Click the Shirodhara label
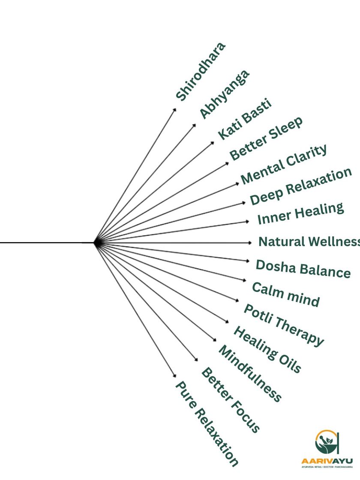(200, 72)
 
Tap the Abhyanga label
(224, 93)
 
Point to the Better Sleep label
(266, 138)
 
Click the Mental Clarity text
(284, 164)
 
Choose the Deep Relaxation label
(301, 186)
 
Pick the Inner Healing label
(300, 213)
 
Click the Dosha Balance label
(303, 269)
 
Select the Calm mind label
(285, 294)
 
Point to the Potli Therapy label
(284, 324)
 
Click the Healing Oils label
(267, 349)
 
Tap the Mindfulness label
(250, 373)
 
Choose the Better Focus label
(231, 400)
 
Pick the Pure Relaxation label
(207, 423)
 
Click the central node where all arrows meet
(97, 243)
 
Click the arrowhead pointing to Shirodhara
(174, 110)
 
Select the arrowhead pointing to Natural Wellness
(250, 243)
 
